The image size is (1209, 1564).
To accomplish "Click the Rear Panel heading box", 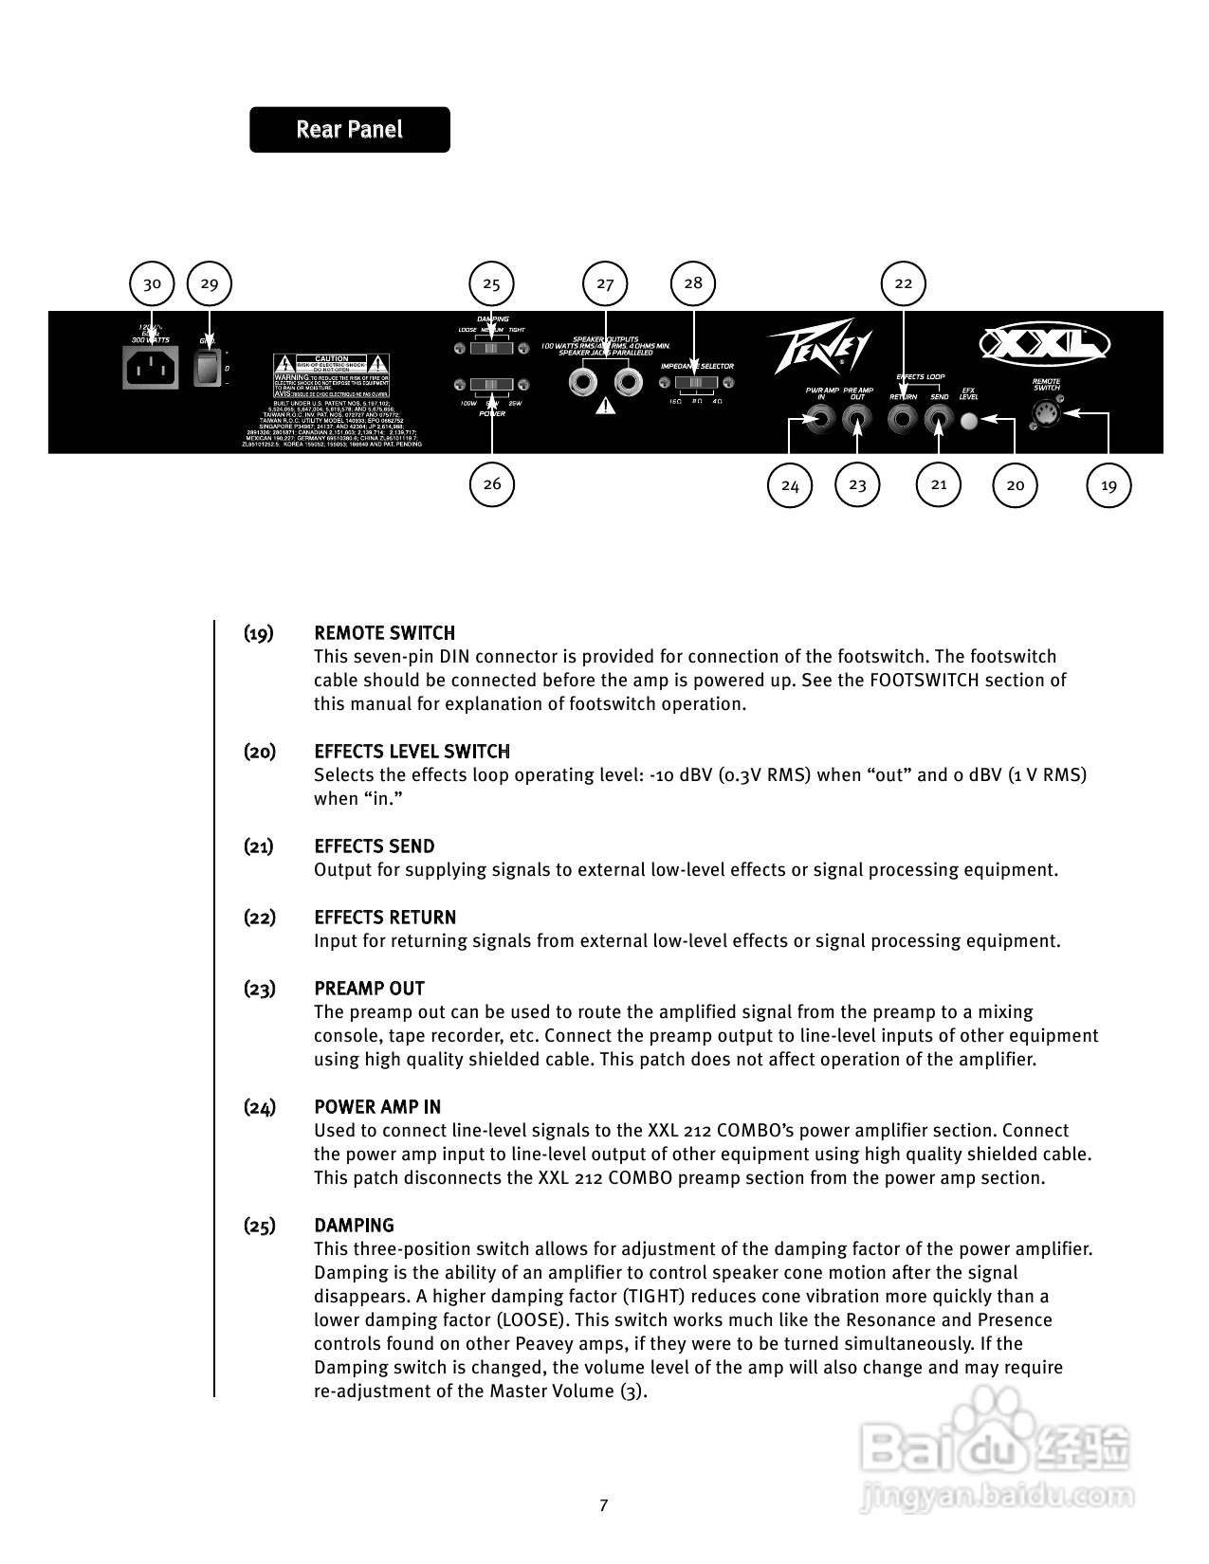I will (x=349, y=130).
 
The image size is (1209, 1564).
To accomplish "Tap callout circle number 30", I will (x=152, y=283).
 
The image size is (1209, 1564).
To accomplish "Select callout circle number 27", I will (x=605, y=283).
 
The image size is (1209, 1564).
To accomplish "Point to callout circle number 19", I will (x=1108, y=486).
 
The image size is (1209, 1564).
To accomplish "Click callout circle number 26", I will (x=492, y=484).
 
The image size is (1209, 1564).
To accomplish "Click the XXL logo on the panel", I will (x=1044, y=343).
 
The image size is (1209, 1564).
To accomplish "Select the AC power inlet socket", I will (x=151, y=367).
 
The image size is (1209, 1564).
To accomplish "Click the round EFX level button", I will (x=969, y=420).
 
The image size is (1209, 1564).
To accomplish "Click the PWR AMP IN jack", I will (x=820, y=418).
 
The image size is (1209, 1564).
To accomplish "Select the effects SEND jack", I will (x=939, y=418).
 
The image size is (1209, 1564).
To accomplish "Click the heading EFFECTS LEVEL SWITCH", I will (x=412, y=752).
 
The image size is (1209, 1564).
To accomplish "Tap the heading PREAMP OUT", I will (x=369, y=989).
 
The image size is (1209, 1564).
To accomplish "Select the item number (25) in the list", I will (x=259, y=1226).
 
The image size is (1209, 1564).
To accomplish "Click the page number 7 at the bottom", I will (x=604, y=1505).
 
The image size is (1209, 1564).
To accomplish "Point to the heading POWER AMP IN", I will (x=377, y=1107).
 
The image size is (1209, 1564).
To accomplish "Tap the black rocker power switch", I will (x=207, y=368).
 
